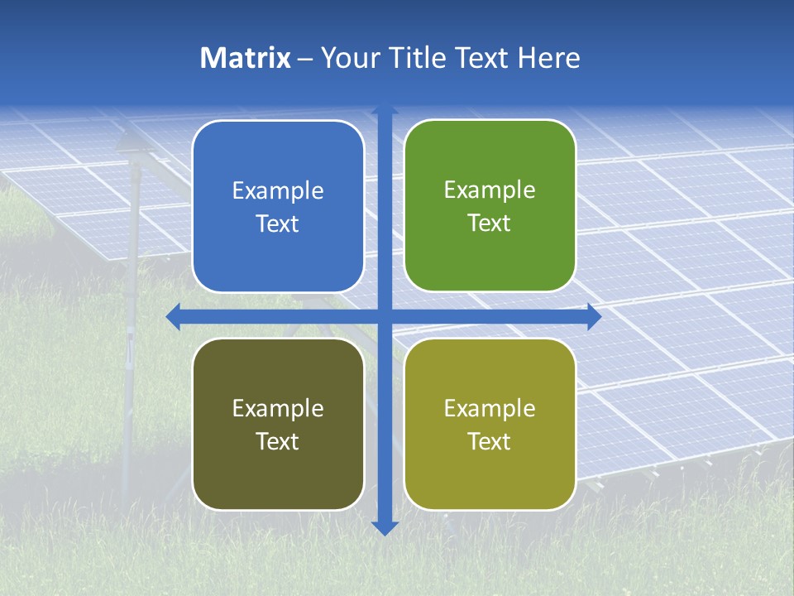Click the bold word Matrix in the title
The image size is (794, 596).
[x=246, y=58]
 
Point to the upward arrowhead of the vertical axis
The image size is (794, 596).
[x=385, y=109]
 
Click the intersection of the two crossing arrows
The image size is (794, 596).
[x=385, y=317]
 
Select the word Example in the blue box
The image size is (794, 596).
[x=278, y=190]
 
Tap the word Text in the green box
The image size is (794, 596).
[x=490, y=223]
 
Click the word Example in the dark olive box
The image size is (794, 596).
[x=278, y=408]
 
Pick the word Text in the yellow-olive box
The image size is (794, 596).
[x=490, y=441]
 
